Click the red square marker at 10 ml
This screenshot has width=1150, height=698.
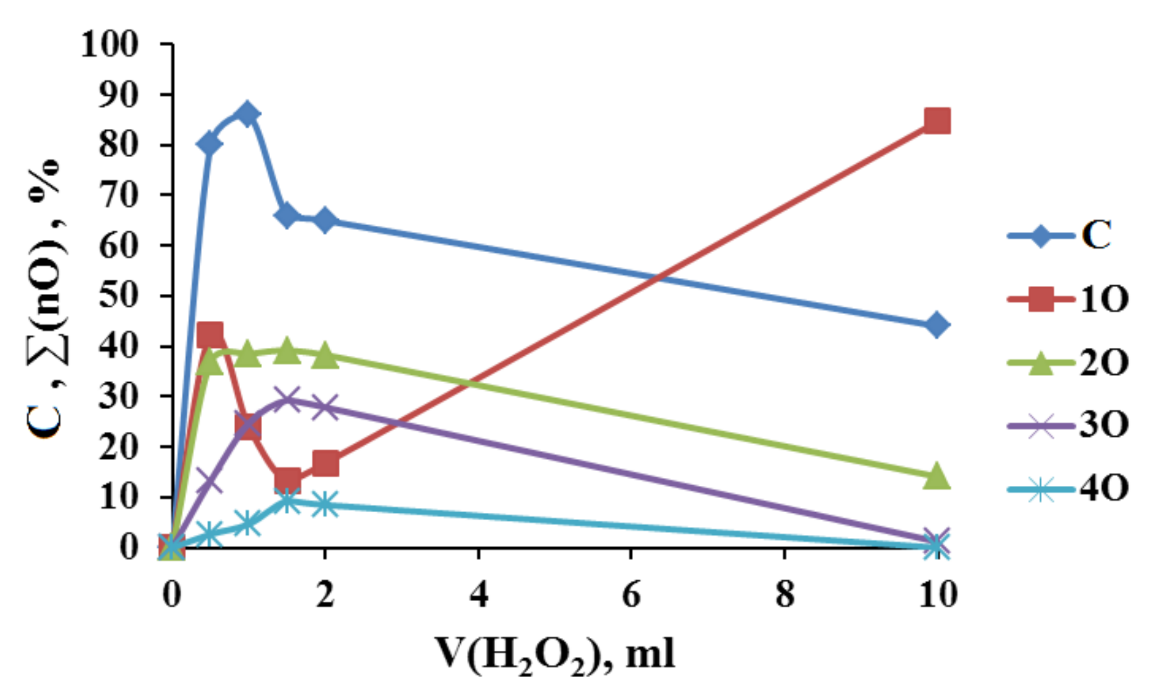937,121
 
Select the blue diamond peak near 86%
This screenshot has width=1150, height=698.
246,115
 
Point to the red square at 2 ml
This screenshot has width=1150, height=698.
325,463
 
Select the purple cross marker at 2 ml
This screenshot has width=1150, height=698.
325,406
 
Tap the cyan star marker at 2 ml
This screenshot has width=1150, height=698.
325,504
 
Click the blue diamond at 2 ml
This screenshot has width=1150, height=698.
325,220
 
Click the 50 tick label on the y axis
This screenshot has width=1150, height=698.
118,296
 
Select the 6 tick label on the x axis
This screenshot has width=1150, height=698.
631,594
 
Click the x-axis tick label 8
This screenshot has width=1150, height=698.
785,594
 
